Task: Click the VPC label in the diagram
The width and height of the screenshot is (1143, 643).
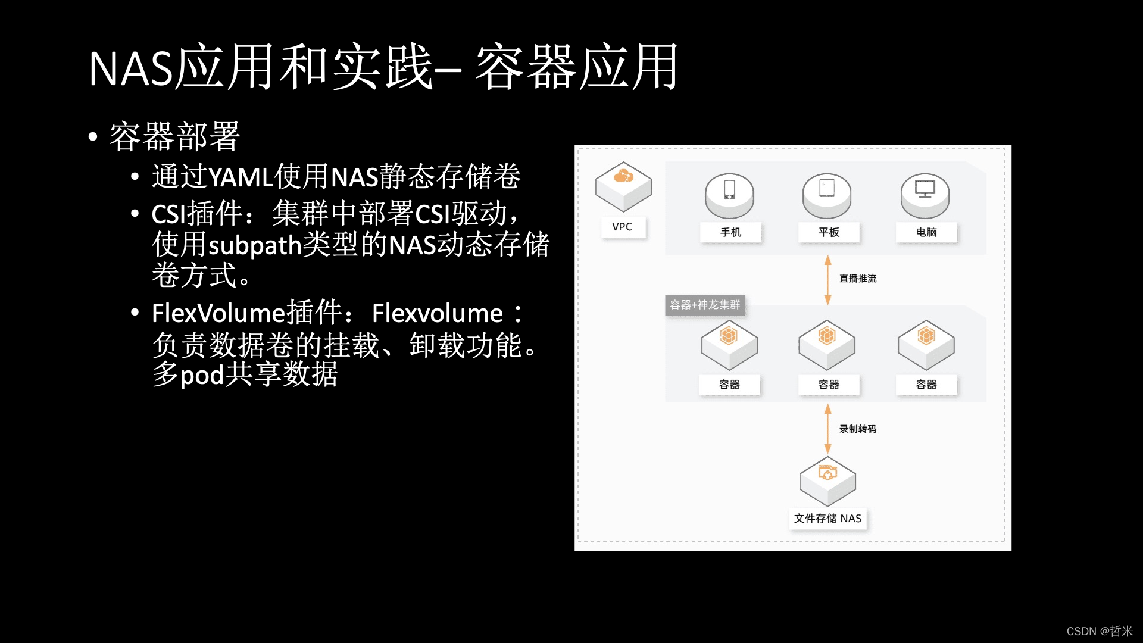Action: click(622, 227)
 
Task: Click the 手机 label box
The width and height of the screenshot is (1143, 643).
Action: click(730, 232)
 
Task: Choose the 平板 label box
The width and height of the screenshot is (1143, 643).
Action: click(829, 232)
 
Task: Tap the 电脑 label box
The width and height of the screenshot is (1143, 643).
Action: click(926, 232)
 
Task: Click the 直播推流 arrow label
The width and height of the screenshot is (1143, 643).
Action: click(858, 279)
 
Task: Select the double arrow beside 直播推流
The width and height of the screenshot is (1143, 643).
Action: click(827, 280)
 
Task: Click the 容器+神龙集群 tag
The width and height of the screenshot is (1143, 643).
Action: click(705, 305)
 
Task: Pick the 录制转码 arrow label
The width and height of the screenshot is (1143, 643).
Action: click(858, 429)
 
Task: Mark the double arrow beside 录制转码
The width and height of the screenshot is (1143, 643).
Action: click(827, 429)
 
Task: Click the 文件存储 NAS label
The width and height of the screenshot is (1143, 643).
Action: click(827, 519)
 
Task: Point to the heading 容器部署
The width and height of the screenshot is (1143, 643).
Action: click(174, 136)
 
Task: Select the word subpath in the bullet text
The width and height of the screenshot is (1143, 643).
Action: click(255, 245)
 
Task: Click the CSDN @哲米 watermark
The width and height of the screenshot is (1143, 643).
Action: click(1099, 631)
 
